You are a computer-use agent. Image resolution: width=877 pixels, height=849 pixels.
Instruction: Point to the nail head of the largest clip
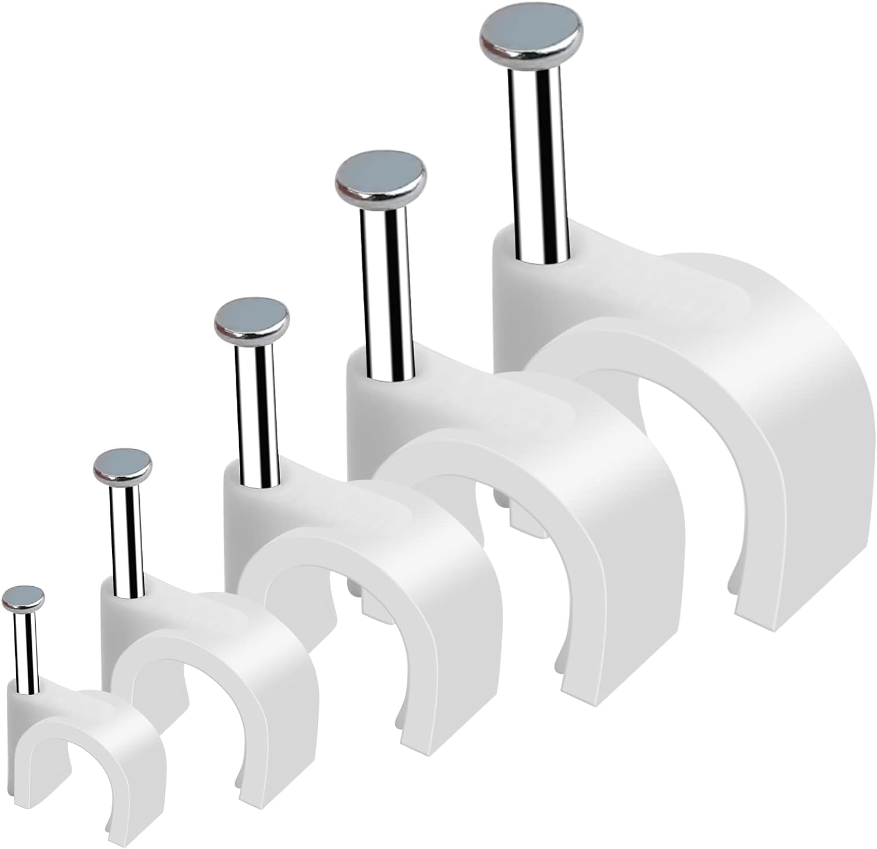point(532,36)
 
